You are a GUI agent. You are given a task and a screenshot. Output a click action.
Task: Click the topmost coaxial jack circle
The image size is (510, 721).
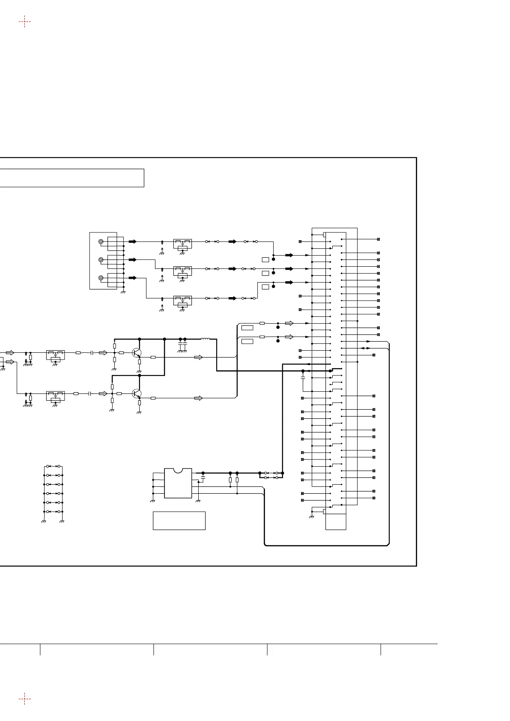[x=101, y=241]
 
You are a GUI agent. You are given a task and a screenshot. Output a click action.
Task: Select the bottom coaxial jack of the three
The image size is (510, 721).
[x=101, y=278]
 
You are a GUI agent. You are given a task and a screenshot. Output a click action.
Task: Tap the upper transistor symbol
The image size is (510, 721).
[x=137, y=353]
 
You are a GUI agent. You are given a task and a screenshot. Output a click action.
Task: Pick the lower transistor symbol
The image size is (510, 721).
[x=136, y=393]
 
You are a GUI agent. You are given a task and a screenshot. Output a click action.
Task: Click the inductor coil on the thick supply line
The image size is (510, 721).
[x=205, y=339]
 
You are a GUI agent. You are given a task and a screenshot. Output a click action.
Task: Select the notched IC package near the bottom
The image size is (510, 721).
[x=178, y=483]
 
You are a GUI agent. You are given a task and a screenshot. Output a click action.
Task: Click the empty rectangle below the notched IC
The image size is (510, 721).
[x=179, y=521]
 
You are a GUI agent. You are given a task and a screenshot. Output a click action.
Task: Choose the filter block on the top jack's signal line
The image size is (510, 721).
[x=182, y=244]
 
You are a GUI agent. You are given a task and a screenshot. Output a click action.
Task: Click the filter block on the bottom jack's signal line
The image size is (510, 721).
[x=182, y=301]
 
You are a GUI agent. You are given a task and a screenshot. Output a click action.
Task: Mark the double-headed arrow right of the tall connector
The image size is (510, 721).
[x=366, y=348]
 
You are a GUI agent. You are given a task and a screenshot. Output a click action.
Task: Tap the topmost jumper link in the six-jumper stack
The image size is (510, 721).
[x=54, y=466]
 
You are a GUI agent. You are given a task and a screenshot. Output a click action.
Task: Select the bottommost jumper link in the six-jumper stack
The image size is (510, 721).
[x=54, y=512]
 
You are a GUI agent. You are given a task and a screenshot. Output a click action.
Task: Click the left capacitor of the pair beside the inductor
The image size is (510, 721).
[x=180, y=344]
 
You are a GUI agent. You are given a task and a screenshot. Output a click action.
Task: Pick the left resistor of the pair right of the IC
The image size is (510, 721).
[x=230, y=480]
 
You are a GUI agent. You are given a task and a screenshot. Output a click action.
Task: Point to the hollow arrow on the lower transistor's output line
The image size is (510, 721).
[x=198, y=398]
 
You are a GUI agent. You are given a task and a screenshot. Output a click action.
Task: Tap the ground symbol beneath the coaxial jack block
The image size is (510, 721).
[x=123, y=292]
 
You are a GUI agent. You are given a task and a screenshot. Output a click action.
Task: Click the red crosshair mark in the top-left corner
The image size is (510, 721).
[x=25, y=21]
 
